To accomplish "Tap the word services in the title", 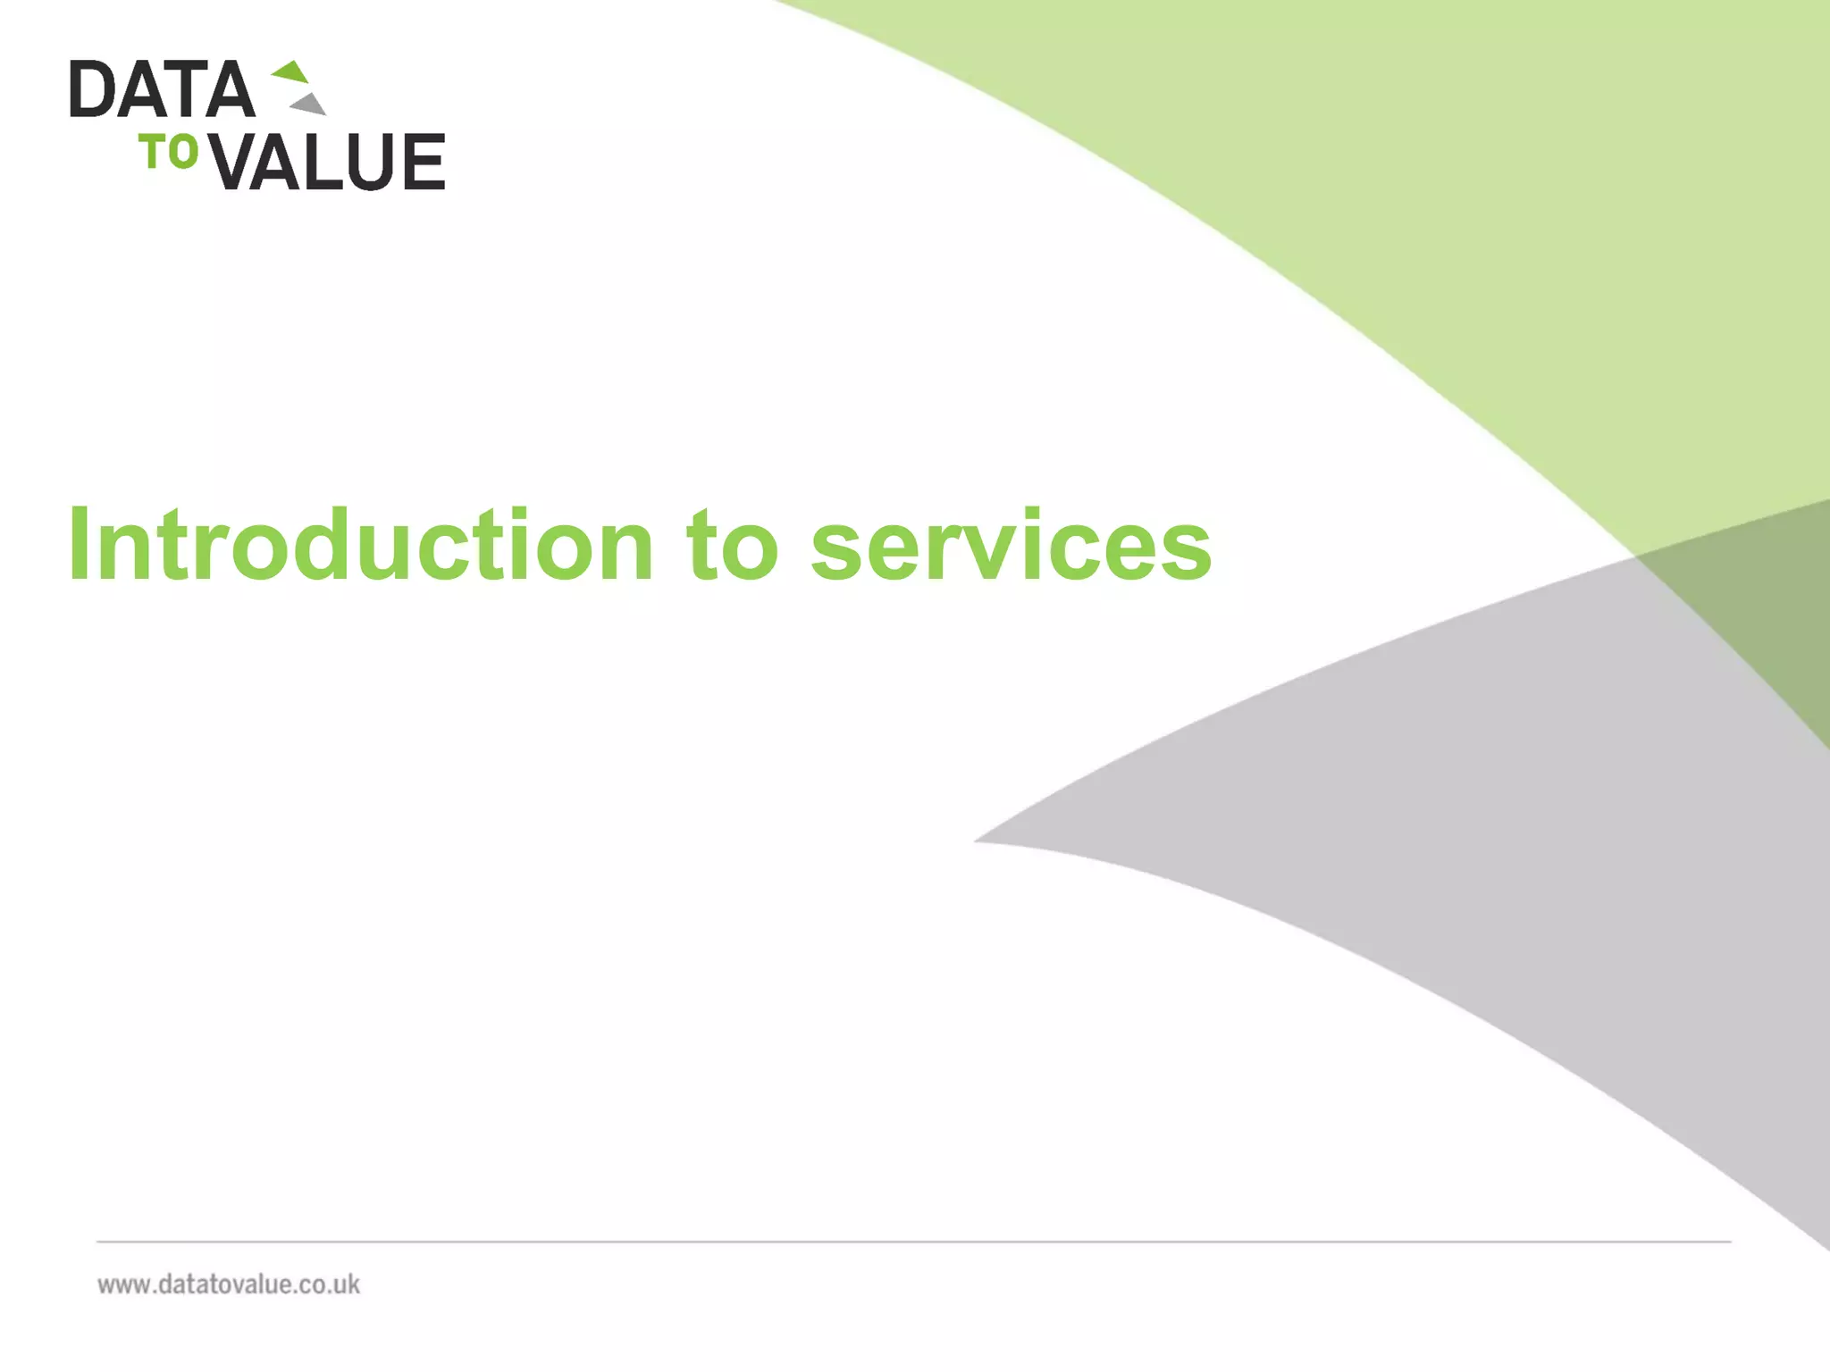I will click(1011, 545).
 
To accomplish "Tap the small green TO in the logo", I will click(168, 152).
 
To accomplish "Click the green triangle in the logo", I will click(292, 71).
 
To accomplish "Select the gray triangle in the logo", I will click(310, 105).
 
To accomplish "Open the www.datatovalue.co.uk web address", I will click(229, 1284).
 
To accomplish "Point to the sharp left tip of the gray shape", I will click(979, 840).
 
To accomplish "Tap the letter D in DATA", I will click(90, 89).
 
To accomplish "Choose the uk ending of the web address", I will click(347, 1284).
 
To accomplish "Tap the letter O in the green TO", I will click(182, 152).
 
